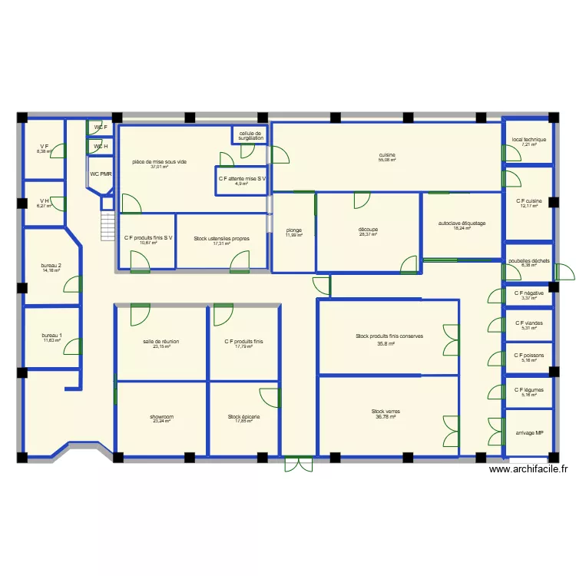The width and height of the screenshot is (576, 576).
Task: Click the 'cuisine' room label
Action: tap(386, 155)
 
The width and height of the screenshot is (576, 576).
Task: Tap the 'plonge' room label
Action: tap(293, 230)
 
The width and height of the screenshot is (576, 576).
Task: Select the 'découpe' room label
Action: tap(368, 230)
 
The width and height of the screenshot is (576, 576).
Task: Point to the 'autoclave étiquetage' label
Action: tap(462, 223)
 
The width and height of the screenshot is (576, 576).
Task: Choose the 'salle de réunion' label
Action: tap(161, 342)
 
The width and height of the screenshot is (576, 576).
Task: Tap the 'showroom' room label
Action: tap(161, 417)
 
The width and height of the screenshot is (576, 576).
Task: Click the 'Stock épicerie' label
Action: tap(243, 417)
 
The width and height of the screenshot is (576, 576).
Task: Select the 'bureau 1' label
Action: tap(51, 336)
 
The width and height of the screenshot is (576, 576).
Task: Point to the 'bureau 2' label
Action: tap(51, 266)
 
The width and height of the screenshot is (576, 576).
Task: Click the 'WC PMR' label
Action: tap(101, 174)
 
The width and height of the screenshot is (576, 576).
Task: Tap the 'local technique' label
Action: tap(528, 140)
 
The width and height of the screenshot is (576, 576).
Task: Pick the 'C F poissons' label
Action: tap(529, 356)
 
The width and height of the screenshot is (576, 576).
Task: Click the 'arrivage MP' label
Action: tap(529, 432)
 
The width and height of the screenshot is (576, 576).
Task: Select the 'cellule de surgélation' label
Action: tap(250, 135)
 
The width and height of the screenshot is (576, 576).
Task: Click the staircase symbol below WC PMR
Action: tap(107, 227)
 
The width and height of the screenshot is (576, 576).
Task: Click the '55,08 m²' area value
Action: tap(386, 161)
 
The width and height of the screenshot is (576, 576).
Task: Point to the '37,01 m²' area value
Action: tap(159, 167)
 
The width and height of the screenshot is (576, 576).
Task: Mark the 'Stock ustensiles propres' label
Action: tap(221, 238)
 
